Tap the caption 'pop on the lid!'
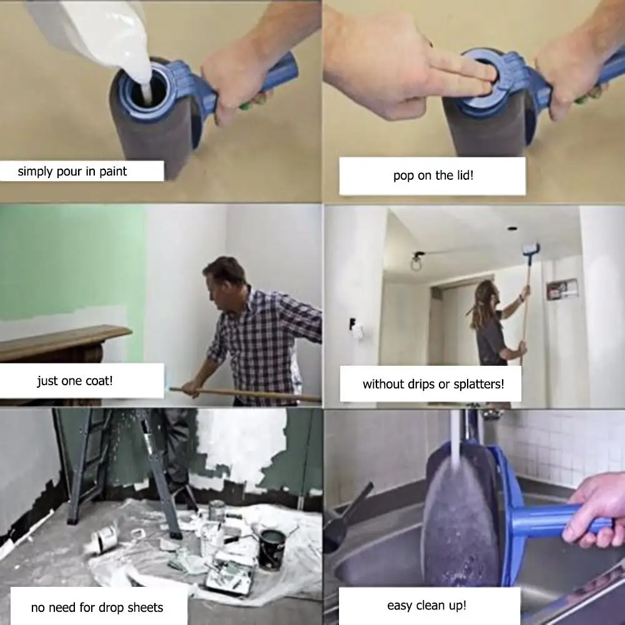tap(433, 175)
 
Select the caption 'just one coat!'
tap(75, 381)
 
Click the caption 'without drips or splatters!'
tap(433, 384)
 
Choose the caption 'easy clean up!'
tap(426, 605)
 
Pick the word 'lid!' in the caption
tap(463, 175)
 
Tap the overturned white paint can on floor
tap(103, 537)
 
